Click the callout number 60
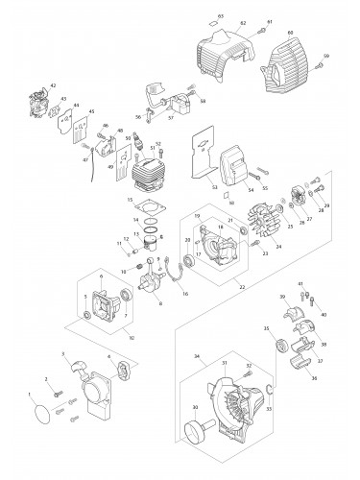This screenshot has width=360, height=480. (316, 32)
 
